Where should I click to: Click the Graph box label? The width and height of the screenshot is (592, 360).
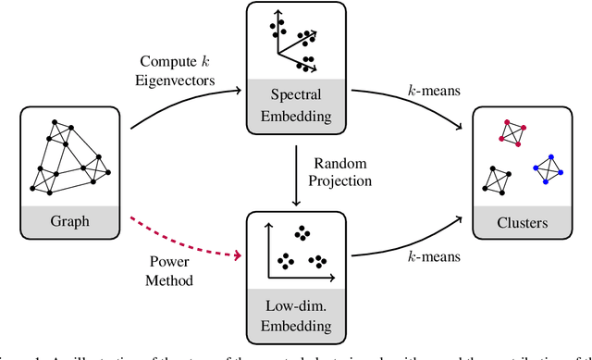point(71,222)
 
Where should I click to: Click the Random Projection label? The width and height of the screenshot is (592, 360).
point(341,172)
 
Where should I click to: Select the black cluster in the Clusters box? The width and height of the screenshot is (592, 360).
point(497,178)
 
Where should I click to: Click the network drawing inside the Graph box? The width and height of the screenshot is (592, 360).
point(71,157)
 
